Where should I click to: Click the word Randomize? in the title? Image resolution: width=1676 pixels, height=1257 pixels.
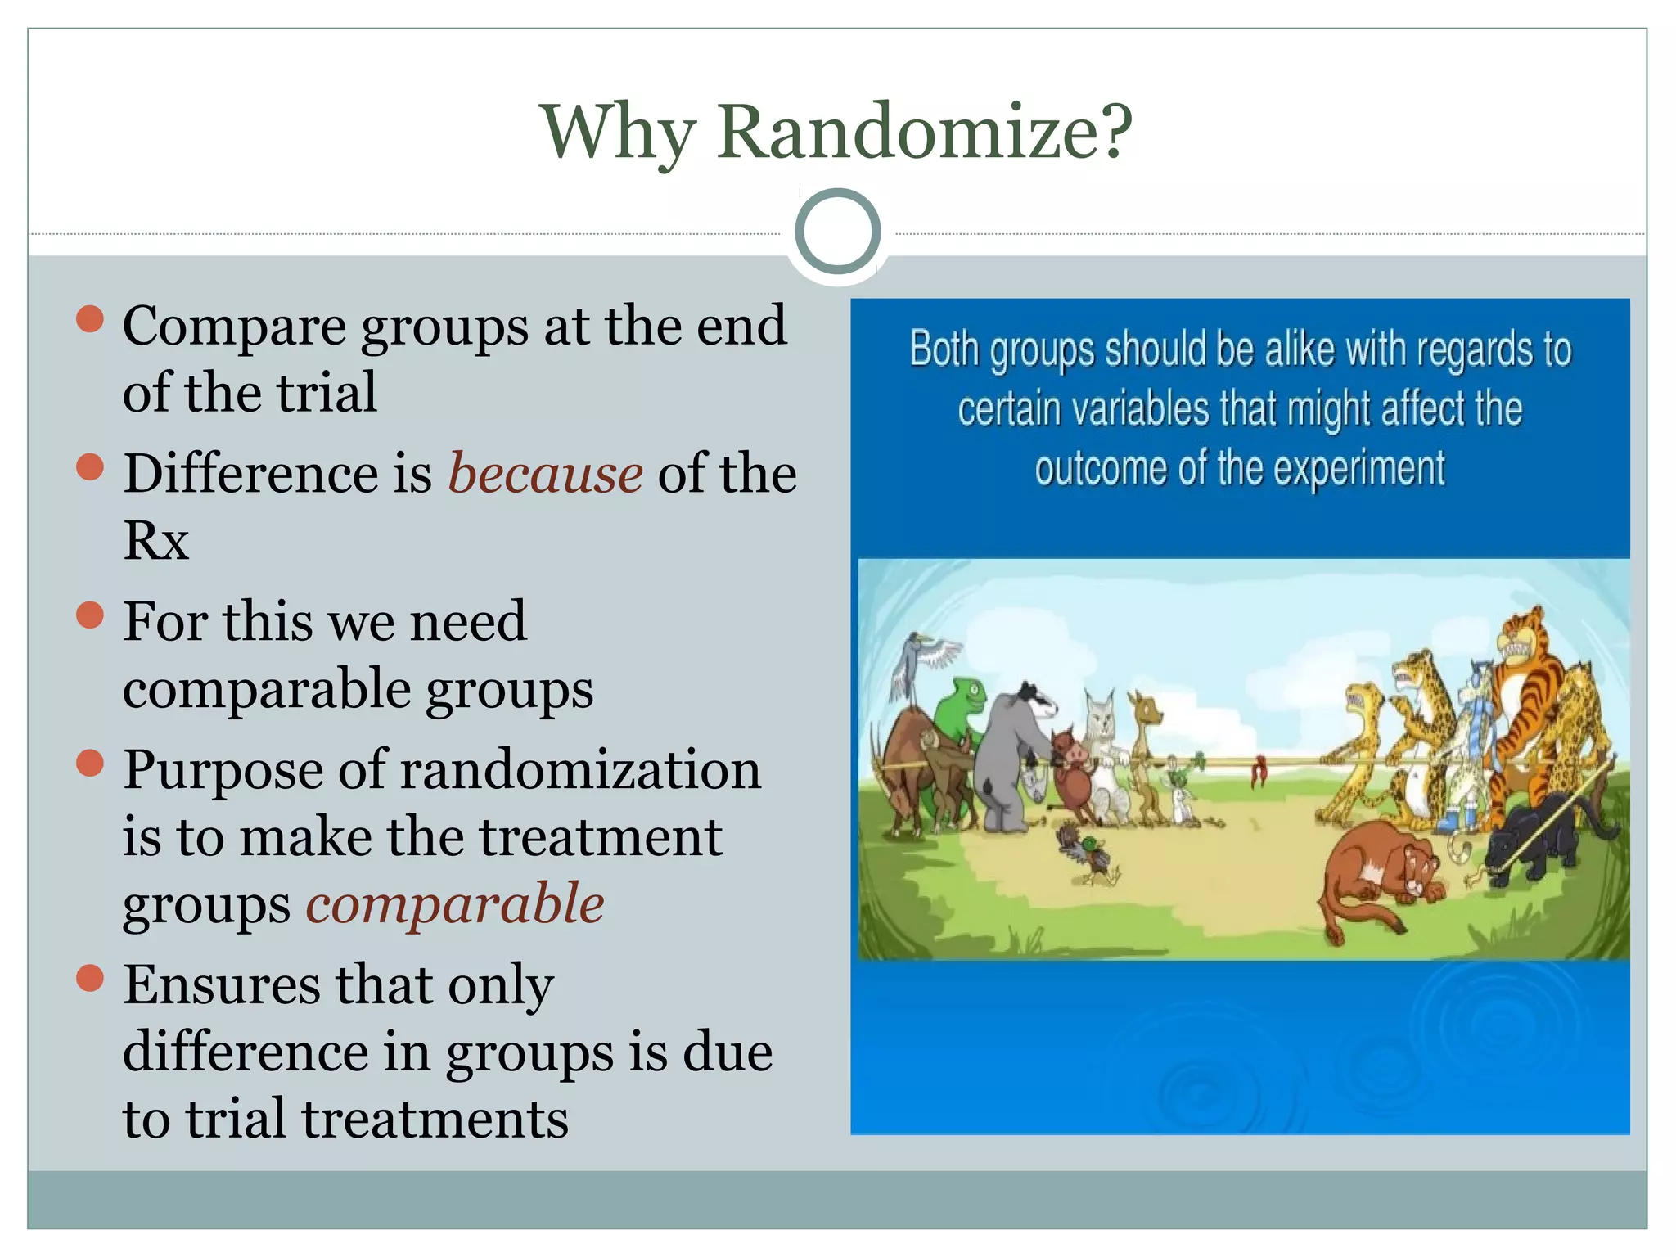click(x=925, y=133)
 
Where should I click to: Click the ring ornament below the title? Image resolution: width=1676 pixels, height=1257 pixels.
click(x=837, y=232)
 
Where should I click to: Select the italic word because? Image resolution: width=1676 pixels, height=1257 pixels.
click(x=545, y=475)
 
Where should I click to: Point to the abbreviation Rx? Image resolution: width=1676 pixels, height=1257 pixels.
click(x=155, y=540)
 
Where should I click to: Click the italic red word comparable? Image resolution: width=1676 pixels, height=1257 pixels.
click(x=455, y=904)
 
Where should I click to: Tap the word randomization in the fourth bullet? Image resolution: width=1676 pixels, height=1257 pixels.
click(x=580, y=771)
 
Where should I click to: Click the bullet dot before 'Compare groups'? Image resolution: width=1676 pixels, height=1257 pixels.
click(x=90, y=318)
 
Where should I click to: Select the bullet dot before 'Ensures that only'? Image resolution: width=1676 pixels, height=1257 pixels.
click(x=90, y=977)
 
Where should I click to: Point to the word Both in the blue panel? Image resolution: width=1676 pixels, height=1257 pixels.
click(x=944, y=349)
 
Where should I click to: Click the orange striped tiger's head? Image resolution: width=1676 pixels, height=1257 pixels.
click(x=1521, y=642)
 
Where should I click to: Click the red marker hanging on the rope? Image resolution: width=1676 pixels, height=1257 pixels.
click(x=1259, y=770)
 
